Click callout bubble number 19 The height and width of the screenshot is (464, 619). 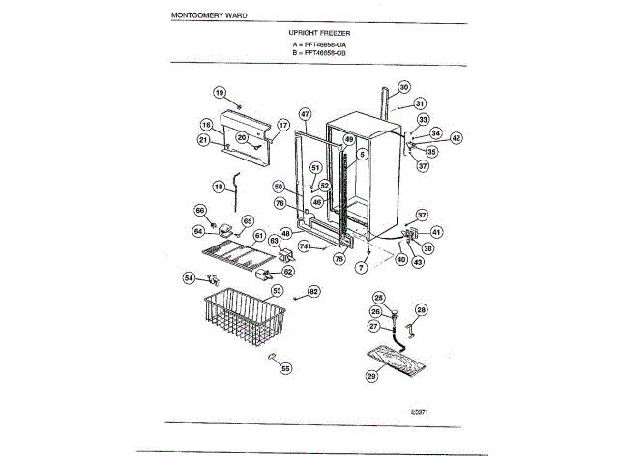220,93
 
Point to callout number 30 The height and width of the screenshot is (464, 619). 404,87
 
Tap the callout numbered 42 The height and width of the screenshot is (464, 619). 457,138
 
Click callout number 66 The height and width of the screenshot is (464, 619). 200,210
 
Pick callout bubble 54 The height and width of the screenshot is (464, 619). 189,278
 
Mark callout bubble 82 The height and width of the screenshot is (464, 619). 313,291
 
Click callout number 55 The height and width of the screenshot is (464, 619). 285,367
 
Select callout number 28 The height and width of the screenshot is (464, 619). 421,309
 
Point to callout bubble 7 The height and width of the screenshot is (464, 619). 361,267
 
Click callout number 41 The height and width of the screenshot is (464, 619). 436,232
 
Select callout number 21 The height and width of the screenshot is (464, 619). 204,140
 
